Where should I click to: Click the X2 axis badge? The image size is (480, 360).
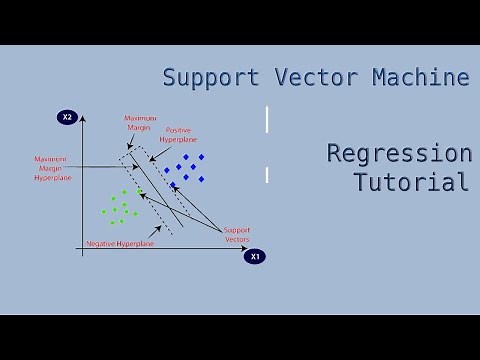(x=68, y=118)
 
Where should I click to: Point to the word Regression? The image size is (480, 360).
(x=399, y=154)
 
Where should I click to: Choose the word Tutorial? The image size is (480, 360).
(x=411, y=182)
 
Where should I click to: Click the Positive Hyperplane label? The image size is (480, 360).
(x=183, y=134)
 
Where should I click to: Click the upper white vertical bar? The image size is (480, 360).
(x=267, y=119)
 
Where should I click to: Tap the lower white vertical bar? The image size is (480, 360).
(x=267, y=175)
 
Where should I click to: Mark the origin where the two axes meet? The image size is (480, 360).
(x=82, y=255)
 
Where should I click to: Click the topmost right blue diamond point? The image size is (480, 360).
(x=201, y=157)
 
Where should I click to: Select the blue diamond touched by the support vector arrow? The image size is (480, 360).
(x=173, y=185)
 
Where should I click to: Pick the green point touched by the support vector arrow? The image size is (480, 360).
(x=139, y=192)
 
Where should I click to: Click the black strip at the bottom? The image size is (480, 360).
(x=240, y=337)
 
